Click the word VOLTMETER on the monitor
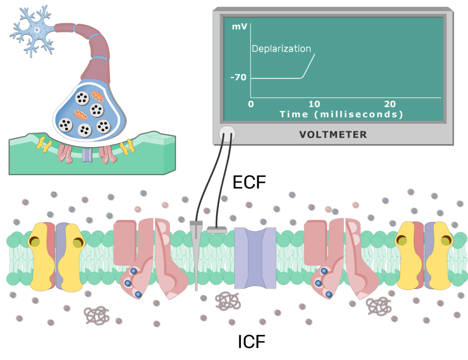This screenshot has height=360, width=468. [x=333, y=134]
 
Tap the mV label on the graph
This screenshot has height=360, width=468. [x=239, y=27]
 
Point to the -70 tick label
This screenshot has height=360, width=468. [x=238, y=78]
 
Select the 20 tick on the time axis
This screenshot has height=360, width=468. [x=389, y=103]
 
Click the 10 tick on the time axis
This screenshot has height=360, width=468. [x=314, y=103]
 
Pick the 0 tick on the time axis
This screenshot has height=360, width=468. [x=250, y=103]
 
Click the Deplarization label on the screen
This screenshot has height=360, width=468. [x=281, y=49]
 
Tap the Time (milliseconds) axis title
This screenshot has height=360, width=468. [x=341, y=114]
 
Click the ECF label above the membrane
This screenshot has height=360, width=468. [x=249, y=182]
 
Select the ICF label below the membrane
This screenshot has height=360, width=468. [x=251, y=341]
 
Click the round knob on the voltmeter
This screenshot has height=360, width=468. [x=227, y=133]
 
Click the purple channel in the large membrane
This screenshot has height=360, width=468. [x=255, y=258]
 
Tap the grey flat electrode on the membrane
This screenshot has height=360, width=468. [x=217, y=230]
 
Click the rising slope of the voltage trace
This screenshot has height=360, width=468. [x=308, y=66]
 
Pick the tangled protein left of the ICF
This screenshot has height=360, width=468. [x=96, y=315]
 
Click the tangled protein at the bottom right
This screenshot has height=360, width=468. [x=378, y=307]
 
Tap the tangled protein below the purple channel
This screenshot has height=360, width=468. [x=228, y=302]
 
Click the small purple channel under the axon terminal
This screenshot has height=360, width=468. [x=87, y=155]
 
